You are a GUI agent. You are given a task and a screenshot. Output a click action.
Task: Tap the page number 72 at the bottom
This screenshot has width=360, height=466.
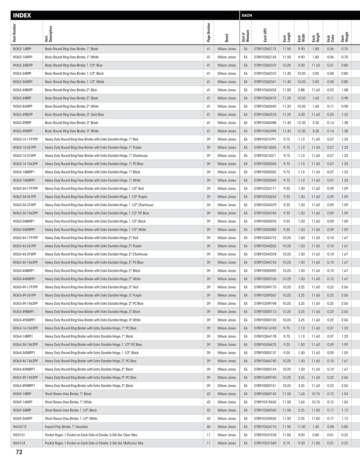pos(19,452)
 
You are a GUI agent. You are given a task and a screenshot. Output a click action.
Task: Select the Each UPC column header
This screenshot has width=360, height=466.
pos(265,34)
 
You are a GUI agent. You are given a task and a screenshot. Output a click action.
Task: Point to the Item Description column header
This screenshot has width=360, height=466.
pos(48,34)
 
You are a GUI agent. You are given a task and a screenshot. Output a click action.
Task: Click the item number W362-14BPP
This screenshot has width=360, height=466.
pos(22,49)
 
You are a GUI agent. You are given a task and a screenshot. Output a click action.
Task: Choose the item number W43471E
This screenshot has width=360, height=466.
pos(20,427)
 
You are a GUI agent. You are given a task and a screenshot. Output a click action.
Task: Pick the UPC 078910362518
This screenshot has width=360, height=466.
pos(265,115)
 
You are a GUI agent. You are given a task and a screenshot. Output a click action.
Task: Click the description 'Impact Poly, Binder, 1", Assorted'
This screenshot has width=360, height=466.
pos(66,427)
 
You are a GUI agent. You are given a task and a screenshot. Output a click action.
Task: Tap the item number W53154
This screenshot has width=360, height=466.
pos(19,443)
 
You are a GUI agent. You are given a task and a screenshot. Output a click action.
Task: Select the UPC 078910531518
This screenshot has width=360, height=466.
pos(265,435)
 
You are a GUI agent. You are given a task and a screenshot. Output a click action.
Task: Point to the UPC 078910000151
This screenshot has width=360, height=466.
pos(265,386)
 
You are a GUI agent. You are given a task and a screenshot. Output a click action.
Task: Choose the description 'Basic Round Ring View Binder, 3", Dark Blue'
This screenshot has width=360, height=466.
pos(74,115)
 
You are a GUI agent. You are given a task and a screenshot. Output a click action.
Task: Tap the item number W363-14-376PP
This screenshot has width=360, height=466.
pos(25,156)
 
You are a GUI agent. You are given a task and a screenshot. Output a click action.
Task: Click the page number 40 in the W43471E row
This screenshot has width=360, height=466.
pos(208,427)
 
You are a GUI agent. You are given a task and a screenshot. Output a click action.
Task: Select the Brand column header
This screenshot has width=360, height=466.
pos(227,38)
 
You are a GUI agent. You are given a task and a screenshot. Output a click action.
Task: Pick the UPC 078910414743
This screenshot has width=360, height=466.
pos(265,328)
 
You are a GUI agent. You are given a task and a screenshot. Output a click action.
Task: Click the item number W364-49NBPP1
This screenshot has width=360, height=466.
pos(24,386)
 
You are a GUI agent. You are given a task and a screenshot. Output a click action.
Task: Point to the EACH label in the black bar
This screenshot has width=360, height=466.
pos(247,15)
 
